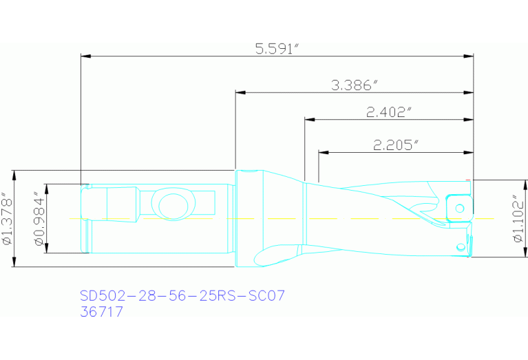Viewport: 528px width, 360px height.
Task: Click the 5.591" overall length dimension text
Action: pyautogui.click(x=277, y=48)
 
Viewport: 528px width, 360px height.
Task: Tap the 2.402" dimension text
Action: pyautogui.click(x=390, y=112)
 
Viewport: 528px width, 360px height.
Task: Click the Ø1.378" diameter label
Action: pyautogui.click(x=6, y=218)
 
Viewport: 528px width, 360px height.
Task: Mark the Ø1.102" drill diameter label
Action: pyautogui.click(x=518, y=219)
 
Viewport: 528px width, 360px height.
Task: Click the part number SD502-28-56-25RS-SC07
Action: pyautogui.click(x=182, y=295)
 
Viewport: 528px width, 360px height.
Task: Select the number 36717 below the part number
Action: pyautogui.click(x=102, y=312)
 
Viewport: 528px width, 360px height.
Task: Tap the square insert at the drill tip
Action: pyautogui.click(x=456, y=207)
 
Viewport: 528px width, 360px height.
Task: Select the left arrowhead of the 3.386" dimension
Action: pyautogui.click(x=240, y=92)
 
